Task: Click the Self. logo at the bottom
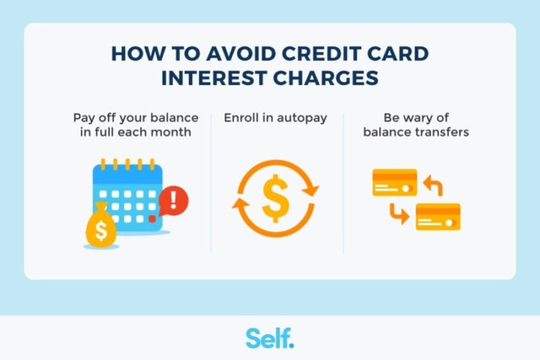click(x=270, y=338)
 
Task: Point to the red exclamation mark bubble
click(x=175, y=201)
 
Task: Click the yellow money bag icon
click(x=101, y=226)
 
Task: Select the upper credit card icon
click(x=394, y=182)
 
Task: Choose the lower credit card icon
click(x=437, y=217)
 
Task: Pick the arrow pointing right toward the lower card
click(x=399, y=215)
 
